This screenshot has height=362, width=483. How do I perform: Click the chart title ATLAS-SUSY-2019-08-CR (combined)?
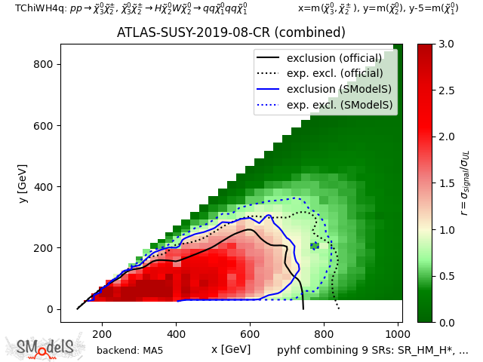click(231, 33)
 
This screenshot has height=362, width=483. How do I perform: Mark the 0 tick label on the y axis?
click(52, 309)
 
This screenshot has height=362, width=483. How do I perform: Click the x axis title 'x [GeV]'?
click(231, 349)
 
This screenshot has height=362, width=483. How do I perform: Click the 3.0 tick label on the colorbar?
click(446, 44)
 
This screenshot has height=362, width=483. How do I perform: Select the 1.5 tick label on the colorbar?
click(446, 183)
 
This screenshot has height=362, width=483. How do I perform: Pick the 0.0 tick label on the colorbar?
click(446, 322)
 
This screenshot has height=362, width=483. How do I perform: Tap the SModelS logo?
click(45, 347)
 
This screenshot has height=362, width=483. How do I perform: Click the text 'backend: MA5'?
click(130, 350)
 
